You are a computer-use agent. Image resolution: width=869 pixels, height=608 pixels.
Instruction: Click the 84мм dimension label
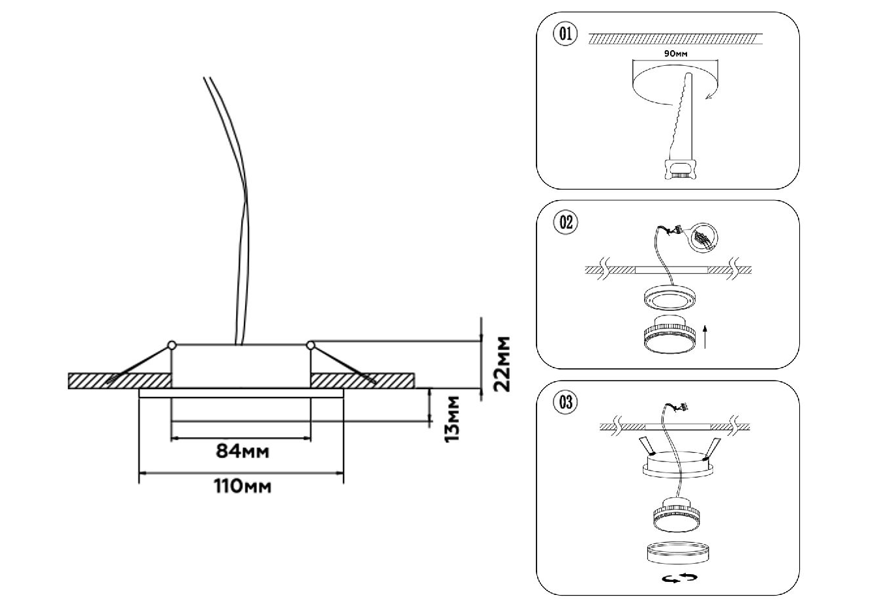242,451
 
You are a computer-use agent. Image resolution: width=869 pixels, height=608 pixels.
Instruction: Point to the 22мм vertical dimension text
502,364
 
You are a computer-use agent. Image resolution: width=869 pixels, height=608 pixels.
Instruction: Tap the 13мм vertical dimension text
450,418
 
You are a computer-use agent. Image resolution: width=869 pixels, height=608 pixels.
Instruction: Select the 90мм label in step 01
675,54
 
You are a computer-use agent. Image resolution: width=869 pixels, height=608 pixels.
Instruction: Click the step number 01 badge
565,34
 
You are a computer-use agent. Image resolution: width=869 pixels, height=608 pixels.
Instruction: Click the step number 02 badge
565,222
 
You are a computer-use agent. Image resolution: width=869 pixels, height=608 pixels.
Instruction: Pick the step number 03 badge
565,402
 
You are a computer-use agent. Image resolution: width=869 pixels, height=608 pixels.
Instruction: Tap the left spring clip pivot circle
171,344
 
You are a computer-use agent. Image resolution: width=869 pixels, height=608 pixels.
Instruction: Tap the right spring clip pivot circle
310,344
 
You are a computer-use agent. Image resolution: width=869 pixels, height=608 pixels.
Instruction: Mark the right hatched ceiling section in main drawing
362,381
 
